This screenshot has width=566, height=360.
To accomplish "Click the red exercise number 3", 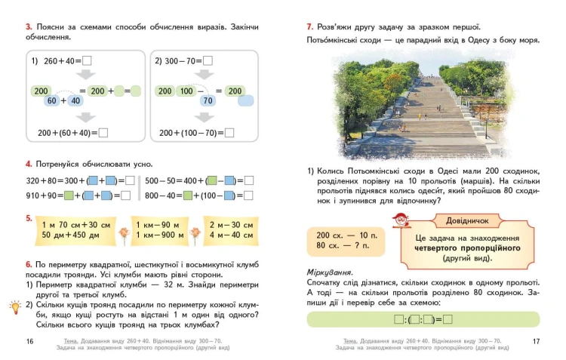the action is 29,27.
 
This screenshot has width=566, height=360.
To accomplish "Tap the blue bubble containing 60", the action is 52,100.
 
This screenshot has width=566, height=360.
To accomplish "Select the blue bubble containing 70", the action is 208,100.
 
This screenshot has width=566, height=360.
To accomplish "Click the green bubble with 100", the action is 186,91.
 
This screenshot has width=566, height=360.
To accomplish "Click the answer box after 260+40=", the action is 87,60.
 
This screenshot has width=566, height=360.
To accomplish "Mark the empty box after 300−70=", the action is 208,60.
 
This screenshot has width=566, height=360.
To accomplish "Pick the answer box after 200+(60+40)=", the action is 103,133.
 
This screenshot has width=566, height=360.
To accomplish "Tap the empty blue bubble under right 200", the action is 245,100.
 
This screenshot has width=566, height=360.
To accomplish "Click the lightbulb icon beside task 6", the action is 15,307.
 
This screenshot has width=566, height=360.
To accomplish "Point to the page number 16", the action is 29,341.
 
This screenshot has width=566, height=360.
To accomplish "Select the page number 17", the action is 536,341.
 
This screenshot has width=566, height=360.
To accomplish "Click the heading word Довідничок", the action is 467,220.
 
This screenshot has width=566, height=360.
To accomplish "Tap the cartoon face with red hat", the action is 401,220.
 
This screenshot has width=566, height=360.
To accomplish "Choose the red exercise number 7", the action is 309,27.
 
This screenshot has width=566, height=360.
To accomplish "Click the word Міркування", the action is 330,272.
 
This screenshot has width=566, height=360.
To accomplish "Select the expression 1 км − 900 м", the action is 159,235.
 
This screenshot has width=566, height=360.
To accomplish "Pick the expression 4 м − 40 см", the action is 231,235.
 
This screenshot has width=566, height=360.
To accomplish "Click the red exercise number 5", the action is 29,218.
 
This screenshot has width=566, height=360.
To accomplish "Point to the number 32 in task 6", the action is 168,285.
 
